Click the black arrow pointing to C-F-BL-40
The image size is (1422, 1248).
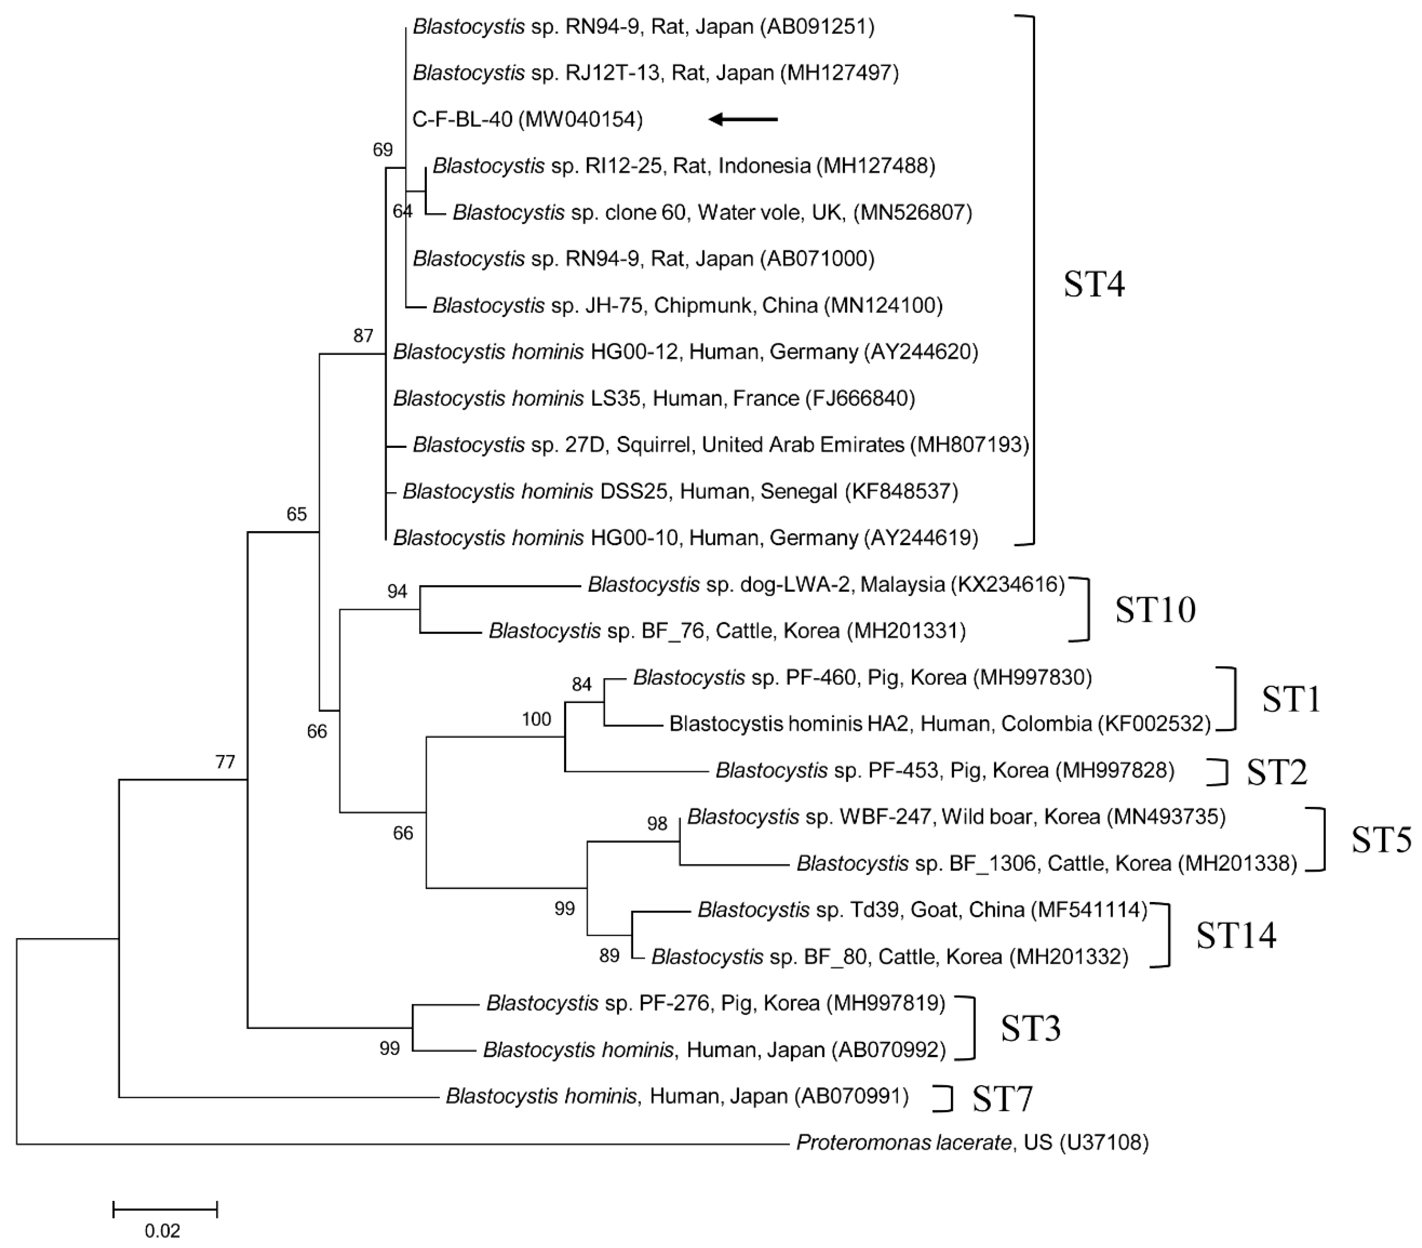(x=743, y=120)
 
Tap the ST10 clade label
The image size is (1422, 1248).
(x=1155, y=610)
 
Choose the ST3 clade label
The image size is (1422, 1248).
(x=1030, y=1028)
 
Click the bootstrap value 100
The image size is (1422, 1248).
(x=536, y=719)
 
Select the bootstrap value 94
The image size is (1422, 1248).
(x=397, y=591)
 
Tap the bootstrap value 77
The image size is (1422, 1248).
(x=225, y=763)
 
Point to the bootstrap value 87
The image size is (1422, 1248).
(x=363, y=336)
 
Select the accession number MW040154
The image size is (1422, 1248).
(x=583, y=120)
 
